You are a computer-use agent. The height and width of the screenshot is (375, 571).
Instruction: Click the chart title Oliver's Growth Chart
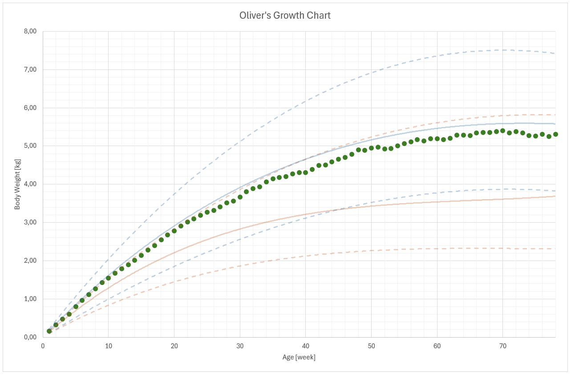(x=285, y=16)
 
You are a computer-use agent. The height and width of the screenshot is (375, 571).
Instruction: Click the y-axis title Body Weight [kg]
(x=17, y=184)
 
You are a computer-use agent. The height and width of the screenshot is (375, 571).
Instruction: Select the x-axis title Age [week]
(x=299, y=357)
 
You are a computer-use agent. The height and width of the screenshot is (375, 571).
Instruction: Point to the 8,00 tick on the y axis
(x=30, y=32)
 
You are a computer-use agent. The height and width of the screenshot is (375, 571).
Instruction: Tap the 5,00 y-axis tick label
(x=30, y=146)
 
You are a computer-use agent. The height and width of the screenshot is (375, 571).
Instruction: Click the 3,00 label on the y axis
(x=30, y=223)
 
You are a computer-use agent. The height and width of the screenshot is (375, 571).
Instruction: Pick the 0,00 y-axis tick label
(x=30, y=337)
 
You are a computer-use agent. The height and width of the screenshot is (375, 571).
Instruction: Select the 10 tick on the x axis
(x=108, y=346)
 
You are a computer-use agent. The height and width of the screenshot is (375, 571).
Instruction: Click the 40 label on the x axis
(x=306, y=346)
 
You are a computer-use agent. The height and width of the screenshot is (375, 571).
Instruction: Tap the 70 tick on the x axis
(x=503, y=346)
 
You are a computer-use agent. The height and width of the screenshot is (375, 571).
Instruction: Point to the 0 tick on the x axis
(x=43, y=346)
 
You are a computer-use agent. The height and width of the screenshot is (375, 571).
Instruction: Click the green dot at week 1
(x=49, y=331)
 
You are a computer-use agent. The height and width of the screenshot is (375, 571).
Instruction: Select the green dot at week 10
(x=109, y=278)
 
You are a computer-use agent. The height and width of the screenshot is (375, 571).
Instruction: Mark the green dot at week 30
(x=240, y=197)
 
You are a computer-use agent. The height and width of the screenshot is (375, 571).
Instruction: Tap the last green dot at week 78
(x=555, y=134)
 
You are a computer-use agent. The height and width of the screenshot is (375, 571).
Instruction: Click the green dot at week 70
(x=503, y=131)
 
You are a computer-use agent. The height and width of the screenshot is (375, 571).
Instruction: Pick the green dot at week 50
(x=372, y=148)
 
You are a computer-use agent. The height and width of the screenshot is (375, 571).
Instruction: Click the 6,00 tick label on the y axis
(x=30, y=108)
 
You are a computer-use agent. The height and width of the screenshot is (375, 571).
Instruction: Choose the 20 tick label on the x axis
(x=174, y=346)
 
